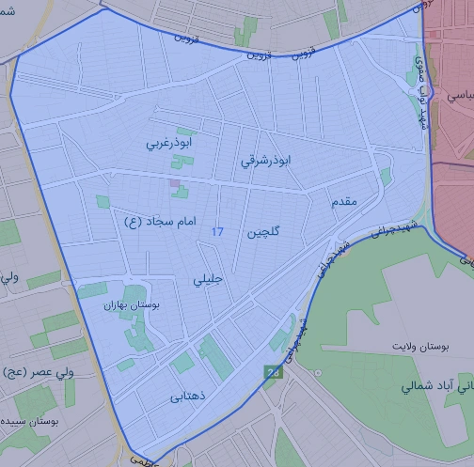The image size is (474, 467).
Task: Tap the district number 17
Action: [x=218, y=231]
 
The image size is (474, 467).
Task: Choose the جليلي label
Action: [x=209, y=279]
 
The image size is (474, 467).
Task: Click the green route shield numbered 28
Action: [x=273, y=373]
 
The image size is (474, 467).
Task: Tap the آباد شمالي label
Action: [x=433, y=386]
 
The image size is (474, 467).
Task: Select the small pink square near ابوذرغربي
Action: [x=173, y=182]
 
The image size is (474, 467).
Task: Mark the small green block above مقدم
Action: [x=385, y=176]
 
